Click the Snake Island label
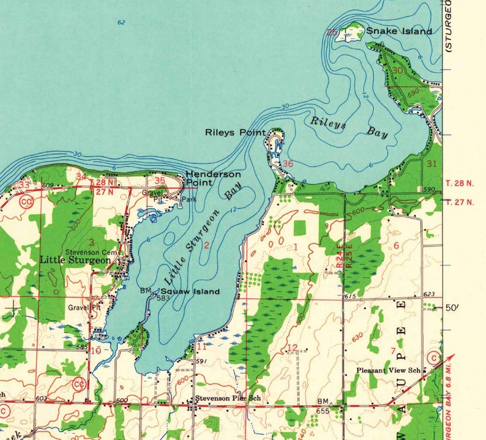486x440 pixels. click(398, 31)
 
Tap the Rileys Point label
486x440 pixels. click(235, 132)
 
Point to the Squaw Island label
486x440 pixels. click(190, 292)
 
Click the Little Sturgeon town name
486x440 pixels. click(75, 259)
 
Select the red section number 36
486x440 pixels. click(288, 164)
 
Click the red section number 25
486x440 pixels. click(332, 32)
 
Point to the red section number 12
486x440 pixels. click(292, 348)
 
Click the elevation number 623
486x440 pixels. click(428, 294)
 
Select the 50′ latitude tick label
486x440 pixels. click(451, 308)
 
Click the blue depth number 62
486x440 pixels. click(121, 23)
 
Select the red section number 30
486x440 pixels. click(398, 71)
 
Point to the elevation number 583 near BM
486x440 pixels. click(162, 298)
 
